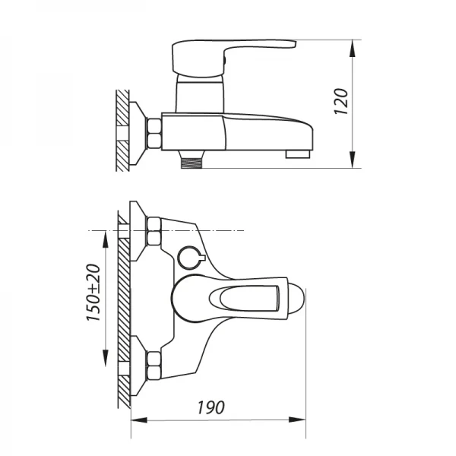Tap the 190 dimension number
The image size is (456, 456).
215,407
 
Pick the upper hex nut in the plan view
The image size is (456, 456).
153,232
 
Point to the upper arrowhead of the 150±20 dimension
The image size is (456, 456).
104,236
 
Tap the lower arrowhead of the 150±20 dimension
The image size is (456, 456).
104,359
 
